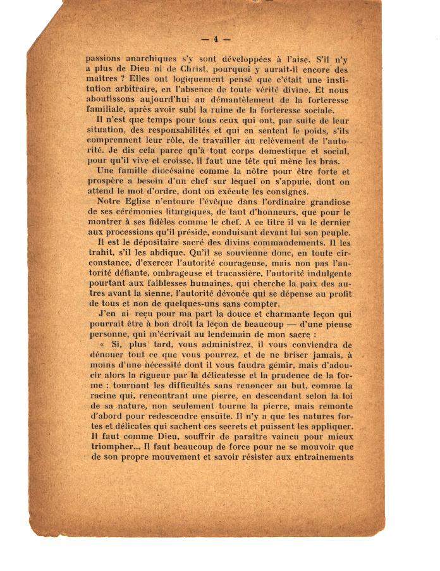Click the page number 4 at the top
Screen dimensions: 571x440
click(216, 39)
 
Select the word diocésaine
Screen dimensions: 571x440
click(168, 171)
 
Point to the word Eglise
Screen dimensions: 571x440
click(143, 202)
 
